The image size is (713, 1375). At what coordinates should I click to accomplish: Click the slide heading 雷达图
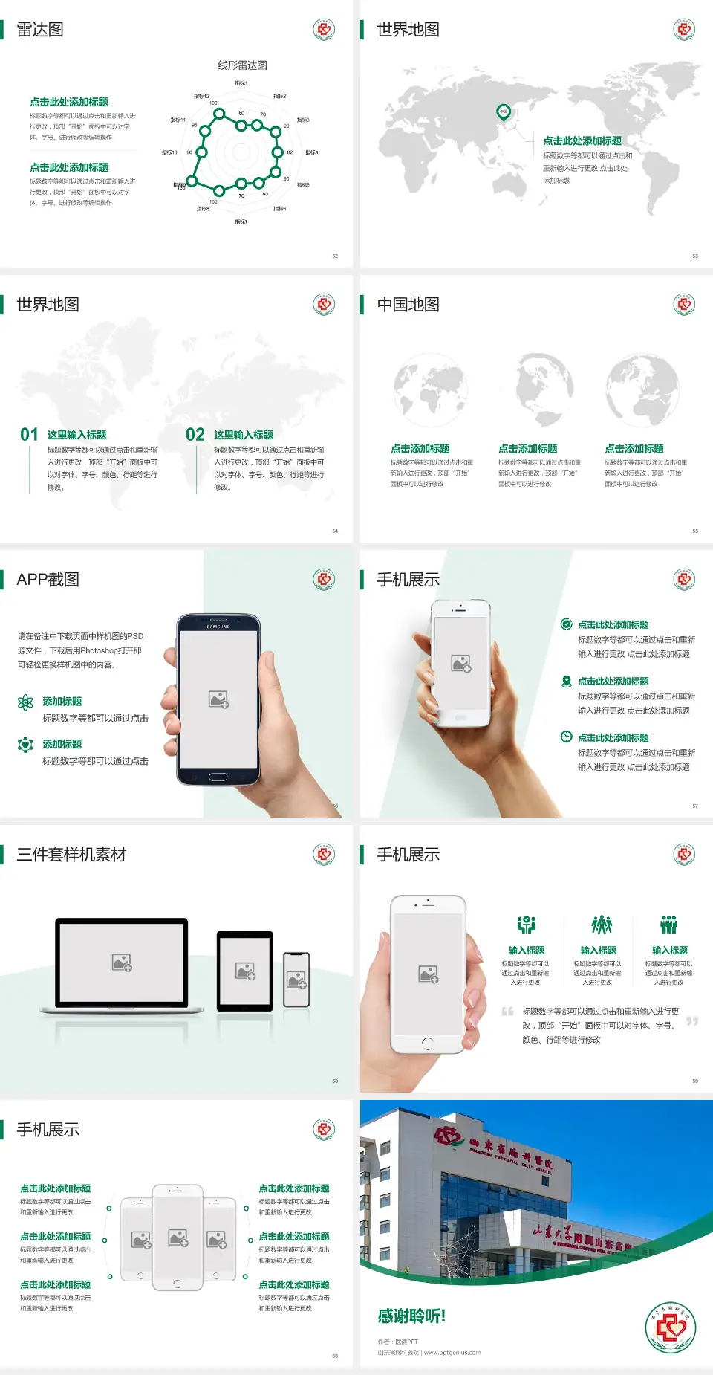(x=40, y=30)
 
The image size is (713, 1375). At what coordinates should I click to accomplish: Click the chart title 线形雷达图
(x=242, y=65)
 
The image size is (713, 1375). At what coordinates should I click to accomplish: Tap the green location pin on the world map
(x=503, y=112)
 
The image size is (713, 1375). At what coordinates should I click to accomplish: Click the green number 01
(x=29, y=435)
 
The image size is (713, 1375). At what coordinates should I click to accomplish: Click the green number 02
(x=195, y=435)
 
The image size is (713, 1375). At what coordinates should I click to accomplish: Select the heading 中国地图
(x=408, y=305)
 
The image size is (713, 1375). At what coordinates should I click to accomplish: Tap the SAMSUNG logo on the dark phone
(x=218, y=627)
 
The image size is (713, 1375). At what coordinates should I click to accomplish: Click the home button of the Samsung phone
(x=218, y=777)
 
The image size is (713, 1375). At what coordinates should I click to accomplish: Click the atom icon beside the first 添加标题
(x=25, y=702)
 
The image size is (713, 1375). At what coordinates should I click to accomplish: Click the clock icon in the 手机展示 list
(x=566, y=737)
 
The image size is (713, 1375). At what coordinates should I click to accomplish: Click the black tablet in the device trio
(x=245, y=971)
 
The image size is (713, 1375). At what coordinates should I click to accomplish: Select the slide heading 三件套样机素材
(x=71, y=855)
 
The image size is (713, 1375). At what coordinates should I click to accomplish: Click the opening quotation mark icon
(x=507, y=1012)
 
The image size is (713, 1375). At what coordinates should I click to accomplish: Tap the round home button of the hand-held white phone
(x=427, y=1043)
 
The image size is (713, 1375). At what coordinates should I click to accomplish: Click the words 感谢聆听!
(x=411, y=1316)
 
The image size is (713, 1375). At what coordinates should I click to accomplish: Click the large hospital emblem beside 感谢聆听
(x=670, y=1327)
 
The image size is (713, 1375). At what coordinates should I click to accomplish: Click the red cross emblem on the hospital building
(x=449, y=1136)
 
